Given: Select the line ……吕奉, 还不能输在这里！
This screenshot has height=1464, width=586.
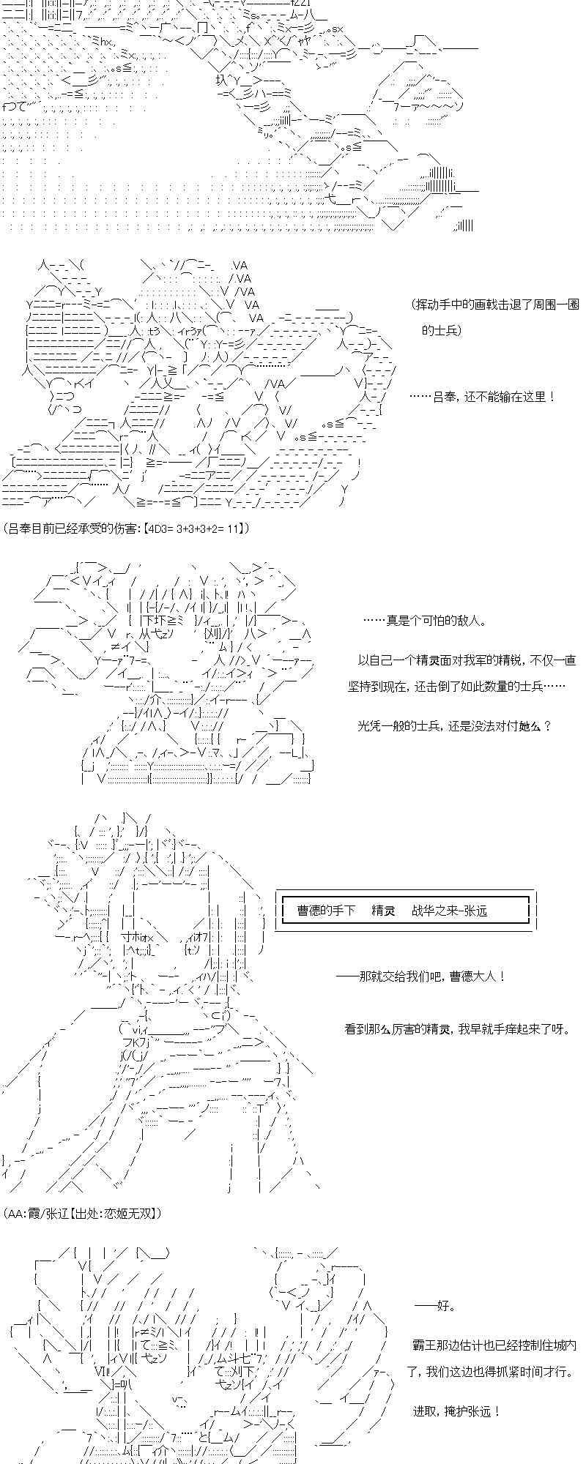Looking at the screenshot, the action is click(x=482, y=397).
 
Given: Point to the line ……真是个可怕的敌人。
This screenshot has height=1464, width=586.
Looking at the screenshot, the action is click(x=425, y=621).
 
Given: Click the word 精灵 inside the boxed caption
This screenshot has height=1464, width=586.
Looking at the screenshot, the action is click(x=383, y=910).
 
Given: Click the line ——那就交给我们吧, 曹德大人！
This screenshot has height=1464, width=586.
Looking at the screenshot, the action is click(x=420, y=976).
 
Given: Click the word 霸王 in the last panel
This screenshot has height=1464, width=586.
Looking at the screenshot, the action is click(x=424, y=1345).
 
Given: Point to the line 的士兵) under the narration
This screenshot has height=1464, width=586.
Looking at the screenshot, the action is click(x=443, y=330).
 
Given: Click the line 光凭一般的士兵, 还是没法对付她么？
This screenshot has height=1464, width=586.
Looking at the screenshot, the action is click(x=453, y=725).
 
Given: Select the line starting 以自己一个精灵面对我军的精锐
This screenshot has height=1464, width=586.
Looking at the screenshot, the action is click(x=467, y=660).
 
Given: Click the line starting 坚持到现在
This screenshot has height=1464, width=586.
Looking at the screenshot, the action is click(x=457, y=687).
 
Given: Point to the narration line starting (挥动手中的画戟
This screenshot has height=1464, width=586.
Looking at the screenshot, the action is click(x=495, y=304).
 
